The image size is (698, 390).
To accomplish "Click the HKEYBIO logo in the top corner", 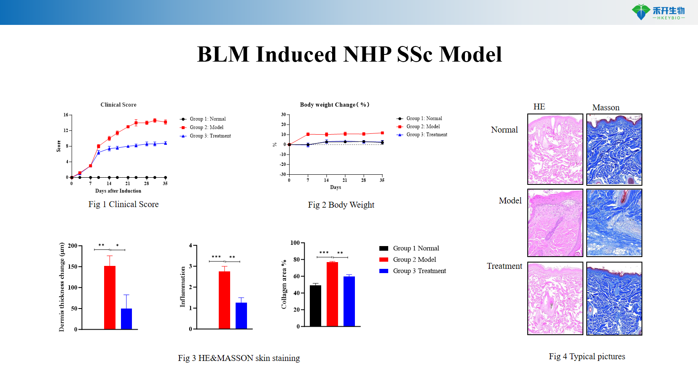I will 658,12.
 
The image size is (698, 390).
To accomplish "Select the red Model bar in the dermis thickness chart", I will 110,297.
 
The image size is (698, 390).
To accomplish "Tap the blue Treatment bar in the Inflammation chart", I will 241,315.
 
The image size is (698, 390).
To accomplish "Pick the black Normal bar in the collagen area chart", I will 315,306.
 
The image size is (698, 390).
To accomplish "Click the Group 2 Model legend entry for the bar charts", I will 414,260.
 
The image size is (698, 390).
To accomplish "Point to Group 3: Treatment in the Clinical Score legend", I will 210,136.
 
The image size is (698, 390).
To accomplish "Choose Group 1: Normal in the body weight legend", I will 424,119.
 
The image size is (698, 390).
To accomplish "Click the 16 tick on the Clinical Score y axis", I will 66,115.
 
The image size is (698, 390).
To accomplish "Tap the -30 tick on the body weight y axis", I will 283,174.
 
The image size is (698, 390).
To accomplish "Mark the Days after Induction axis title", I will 118,191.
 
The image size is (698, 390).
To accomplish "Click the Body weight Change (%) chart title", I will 334,105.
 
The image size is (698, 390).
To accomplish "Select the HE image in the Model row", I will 555,223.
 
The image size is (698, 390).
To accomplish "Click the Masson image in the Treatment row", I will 614,298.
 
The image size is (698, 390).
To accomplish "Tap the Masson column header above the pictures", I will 606,108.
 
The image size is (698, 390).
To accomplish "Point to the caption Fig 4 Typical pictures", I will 587,357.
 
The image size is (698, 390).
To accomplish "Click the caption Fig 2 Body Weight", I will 341,205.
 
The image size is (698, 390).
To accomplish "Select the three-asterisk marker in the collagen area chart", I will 324,253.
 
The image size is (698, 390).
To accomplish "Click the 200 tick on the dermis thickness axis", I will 72,246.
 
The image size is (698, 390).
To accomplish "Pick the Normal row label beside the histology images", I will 504,130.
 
